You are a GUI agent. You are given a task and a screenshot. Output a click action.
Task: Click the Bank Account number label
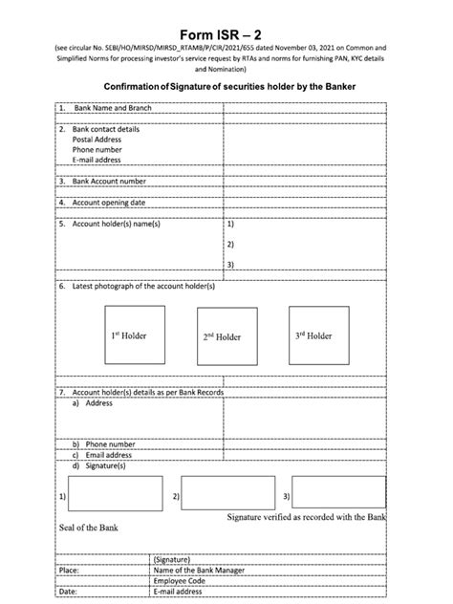pyautogui.click(x=109, y=181)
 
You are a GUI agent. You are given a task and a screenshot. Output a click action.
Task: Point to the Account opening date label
pyautogui.click(x=108, y=203)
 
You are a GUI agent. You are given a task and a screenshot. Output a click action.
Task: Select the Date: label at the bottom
pyautogui.click(x=67, y=593)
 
